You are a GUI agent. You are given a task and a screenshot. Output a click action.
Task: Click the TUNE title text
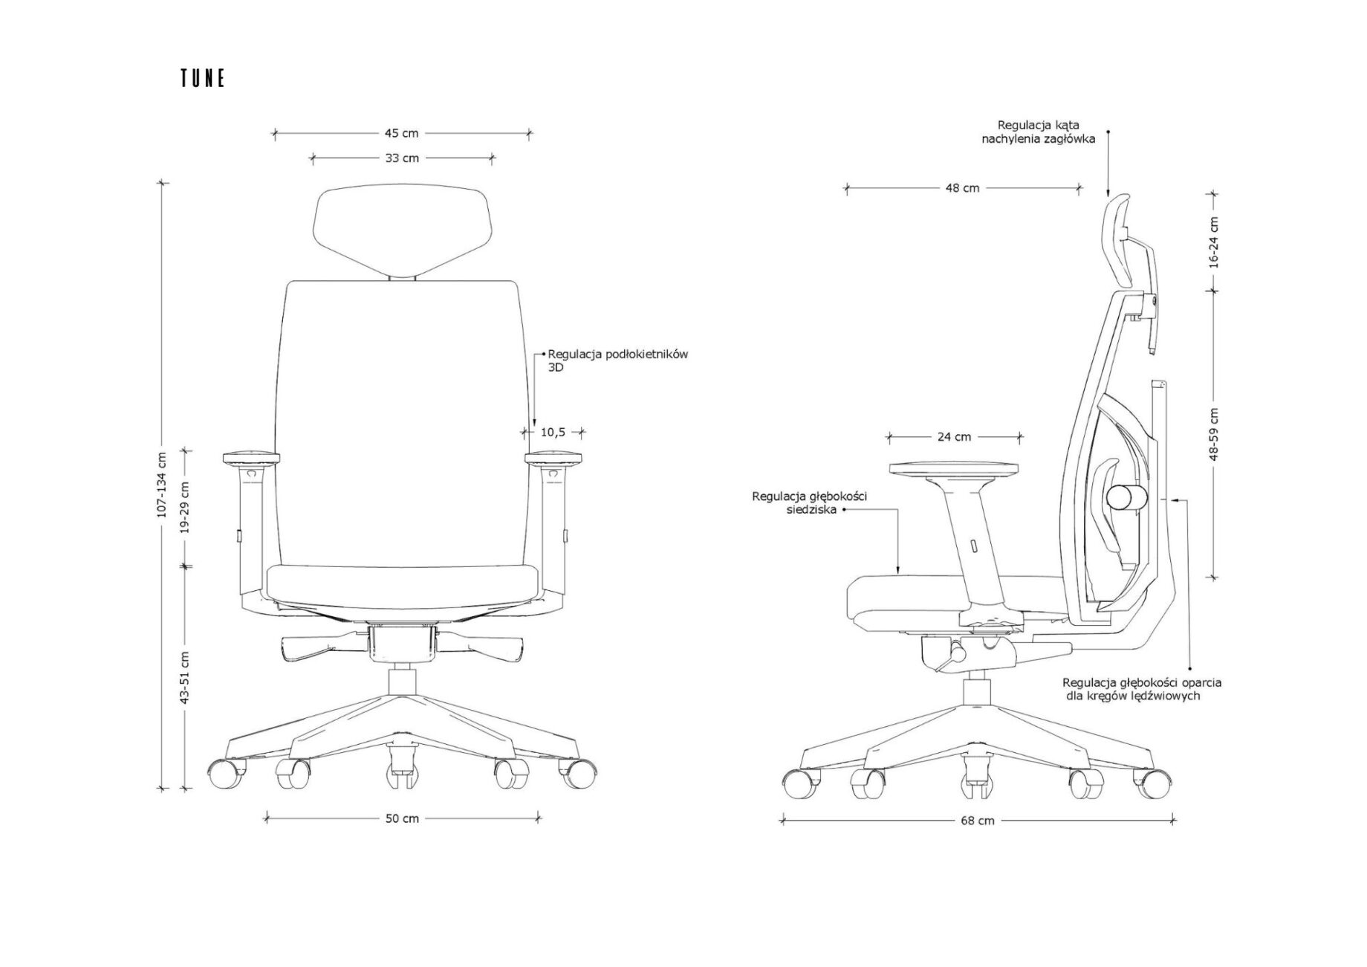click(202, 79)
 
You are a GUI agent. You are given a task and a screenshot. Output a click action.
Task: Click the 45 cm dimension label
click(401, 134)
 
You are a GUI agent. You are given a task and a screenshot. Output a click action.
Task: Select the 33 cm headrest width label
click(402, 158)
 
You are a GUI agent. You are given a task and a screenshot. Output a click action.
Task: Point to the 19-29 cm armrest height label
click(184, 508)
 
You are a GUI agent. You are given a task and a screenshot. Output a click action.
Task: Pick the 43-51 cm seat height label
click(184, 678)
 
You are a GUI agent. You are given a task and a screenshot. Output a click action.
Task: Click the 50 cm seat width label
click(402, 818)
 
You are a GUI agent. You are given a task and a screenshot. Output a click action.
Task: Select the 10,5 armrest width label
click(552, 432)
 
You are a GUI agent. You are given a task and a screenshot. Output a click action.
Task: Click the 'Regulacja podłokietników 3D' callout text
click(617, 360)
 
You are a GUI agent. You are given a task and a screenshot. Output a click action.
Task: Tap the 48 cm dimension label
click(962, 189)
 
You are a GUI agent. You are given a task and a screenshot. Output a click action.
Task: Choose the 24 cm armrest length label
click(954, 437)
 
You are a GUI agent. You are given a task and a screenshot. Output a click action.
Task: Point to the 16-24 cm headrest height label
click(1213, 243)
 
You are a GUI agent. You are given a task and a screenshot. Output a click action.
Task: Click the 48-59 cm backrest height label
click(1213, 434)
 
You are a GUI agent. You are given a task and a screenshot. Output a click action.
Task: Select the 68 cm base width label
click(977, 821)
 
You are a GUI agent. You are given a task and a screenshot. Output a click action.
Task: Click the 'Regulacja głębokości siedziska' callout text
click(810, 503)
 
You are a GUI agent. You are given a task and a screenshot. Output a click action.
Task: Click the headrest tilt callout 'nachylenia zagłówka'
click(1039, 139)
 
